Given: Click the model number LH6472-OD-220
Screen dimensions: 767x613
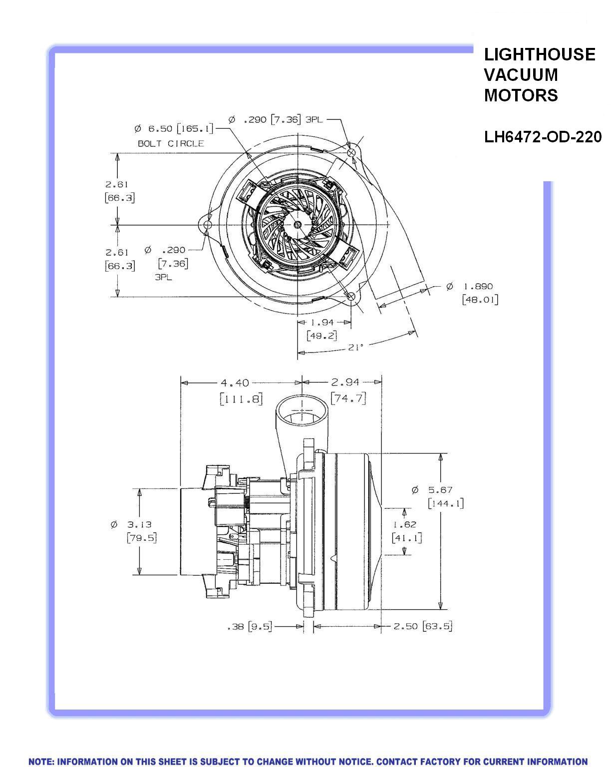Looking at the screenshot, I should [543, 137].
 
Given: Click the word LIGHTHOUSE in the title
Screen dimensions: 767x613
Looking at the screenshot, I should [540, 54].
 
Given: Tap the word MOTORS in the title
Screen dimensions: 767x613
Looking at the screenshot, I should [521, 95].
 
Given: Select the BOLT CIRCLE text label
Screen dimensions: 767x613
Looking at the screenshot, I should [171, 143].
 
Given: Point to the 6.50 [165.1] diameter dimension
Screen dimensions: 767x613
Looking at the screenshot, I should [174, 129].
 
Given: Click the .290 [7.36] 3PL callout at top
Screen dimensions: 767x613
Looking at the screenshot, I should [276, 120].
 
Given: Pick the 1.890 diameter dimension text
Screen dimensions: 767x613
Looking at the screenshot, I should [478, 287].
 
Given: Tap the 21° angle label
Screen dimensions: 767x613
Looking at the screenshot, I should [355, 347].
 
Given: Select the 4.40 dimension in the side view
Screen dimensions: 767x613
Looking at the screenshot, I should [235, 383].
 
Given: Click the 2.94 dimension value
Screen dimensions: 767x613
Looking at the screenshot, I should [345, 383].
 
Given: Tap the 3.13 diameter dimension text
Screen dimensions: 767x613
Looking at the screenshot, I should [138, 524].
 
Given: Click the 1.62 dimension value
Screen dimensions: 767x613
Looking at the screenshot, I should [404, 524].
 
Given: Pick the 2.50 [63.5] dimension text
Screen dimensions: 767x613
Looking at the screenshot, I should [423, 626].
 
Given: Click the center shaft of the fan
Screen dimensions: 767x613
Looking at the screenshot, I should [298, 225].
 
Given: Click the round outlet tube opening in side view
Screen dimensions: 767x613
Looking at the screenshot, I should [302, 410].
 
